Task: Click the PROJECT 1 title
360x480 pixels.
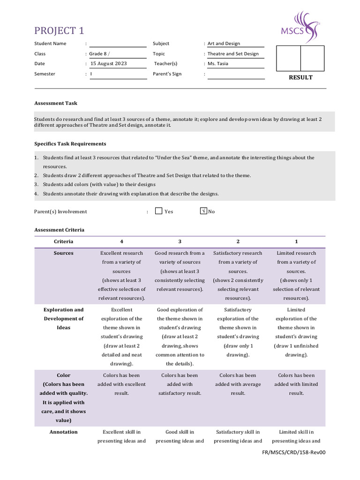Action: click(x=59, y=31)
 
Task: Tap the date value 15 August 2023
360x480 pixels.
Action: click(x=109, y=64)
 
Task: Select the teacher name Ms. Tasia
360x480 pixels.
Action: click(x=218, y=64)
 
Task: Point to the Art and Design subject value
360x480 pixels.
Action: click(x=224, y=44)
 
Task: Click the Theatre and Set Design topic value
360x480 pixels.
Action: click(x=233, y=54)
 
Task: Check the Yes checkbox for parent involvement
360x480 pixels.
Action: click(x=159, y=211)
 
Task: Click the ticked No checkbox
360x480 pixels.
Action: click(x=203, y=211)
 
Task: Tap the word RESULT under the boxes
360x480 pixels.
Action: click(x=300, y=77)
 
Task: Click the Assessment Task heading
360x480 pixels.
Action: click(x=56, y=103)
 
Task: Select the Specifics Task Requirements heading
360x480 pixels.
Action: click(x=70, y=144)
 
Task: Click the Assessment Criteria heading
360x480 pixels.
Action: click(x=59, y=230)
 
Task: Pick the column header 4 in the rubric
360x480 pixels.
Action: click(x=122, y=241)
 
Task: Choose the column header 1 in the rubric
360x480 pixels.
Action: click(x=296, y=241)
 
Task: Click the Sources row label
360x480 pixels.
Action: click(x=64, y=253)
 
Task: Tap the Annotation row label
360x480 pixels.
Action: click(x=64, y=432)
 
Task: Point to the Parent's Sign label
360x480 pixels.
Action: click(x=167, y=74)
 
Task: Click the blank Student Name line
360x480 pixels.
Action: click(x=118, y=44)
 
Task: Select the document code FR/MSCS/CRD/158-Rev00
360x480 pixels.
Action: click(x=294, y=453)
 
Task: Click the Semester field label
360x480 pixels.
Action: click(x=45, y=74)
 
